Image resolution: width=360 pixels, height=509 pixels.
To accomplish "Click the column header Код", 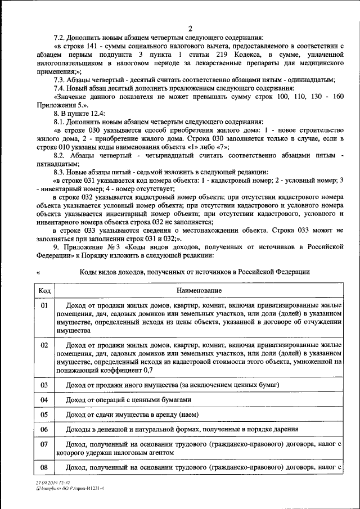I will click(45, 291).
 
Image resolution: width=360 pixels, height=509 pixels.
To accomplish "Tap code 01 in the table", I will click(45, 305).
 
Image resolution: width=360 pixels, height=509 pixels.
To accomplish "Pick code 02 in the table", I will click(45, 345).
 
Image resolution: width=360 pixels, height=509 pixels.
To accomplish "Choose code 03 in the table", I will click(45, 385).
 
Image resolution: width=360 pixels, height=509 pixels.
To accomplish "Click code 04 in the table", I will click(45, 400).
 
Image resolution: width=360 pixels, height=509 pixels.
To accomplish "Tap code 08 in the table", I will click(45, 467).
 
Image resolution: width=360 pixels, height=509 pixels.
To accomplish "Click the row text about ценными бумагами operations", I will click(128, 400).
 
